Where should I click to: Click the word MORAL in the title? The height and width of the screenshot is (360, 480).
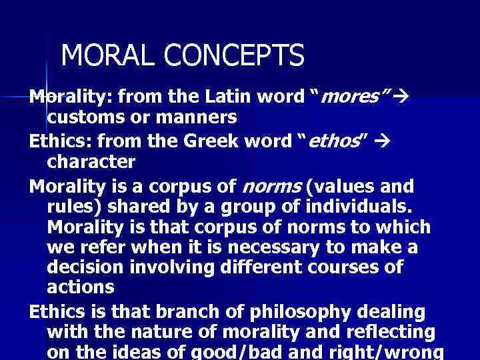point(105,55)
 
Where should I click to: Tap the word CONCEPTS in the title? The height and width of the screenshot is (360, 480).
point(230,55)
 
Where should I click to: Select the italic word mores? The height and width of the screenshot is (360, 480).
point(351,98)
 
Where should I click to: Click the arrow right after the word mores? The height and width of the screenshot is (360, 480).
point(399,98)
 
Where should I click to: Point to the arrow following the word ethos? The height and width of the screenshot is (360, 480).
point(389,141)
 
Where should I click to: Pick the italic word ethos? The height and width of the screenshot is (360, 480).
point(334,141)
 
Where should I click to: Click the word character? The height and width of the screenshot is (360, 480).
point(91,162)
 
